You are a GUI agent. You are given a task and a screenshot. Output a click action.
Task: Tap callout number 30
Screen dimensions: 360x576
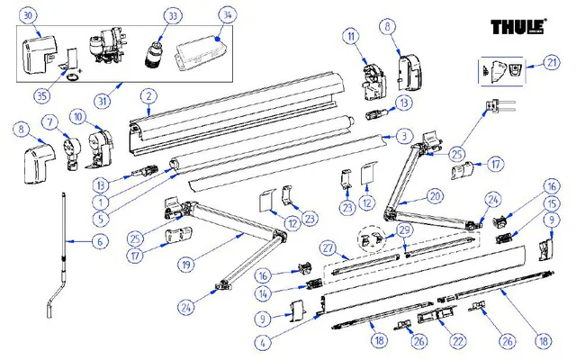pyautogui.click(x=29, y=17)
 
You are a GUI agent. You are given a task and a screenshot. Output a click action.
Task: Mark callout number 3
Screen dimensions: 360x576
pyautogui.click(x=405, y=136)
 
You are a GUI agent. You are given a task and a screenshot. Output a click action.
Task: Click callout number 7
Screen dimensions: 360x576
pyautogui.click(x=50, y=121)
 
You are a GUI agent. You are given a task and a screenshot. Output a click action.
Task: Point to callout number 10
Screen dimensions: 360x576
pyautogui.click(x=78, y=116)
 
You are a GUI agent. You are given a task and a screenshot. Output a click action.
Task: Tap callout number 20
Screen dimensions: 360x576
pyautogui.click(x=435, y=194)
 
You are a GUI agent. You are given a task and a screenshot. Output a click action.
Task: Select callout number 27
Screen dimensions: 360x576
pyautogui.click(x=328, y=247)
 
